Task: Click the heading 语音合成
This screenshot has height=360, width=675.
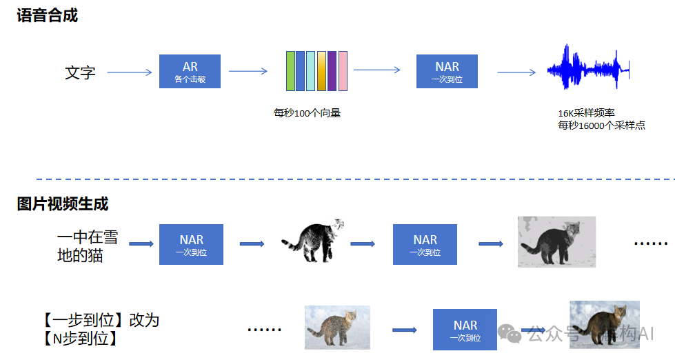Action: click(48, 15)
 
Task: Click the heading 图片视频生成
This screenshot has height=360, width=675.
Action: click(63, 204)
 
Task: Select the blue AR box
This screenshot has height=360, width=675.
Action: click(190, 72)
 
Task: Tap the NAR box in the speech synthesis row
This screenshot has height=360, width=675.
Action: click(447, 72)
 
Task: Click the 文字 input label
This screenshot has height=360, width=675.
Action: click(80, 72)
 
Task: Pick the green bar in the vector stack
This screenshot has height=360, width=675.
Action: click(290, 71)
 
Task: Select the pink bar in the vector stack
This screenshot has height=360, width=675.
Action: click(343, 71)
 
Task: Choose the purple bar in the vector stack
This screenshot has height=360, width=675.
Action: click(332, 71)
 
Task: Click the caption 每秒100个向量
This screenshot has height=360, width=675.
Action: click(307, 113)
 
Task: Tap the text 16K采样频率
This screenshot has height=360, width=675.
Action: click(585, 113)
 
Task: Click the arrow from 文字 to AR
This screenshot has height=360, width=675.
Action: click(129, 72)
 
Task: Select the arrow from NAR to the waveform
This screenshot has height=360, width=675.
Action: click(516, 72)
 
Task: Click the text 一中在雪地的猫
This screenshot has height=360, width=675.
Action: click(87, 246)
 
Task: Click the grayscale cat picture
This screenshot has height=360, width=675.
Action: click(556, 241)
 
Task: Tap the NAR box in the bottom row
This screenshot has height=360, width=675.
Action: click(465, 330)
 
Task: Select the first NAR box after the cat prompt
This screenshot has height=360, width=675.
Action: click(191, 245)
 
